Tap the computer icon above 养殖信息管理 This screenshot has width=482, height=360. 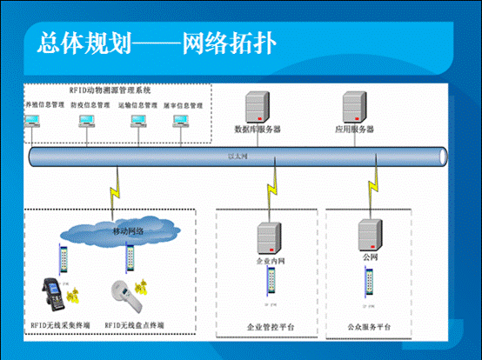click(x=36, y=123)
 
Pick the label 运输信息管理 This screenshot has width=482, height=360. click(x=137, y=105)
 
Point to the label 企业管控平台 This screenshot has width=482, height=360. click(x=271, y=327)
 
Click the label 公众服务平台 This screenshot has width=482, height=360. click(x=369, y=327)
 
